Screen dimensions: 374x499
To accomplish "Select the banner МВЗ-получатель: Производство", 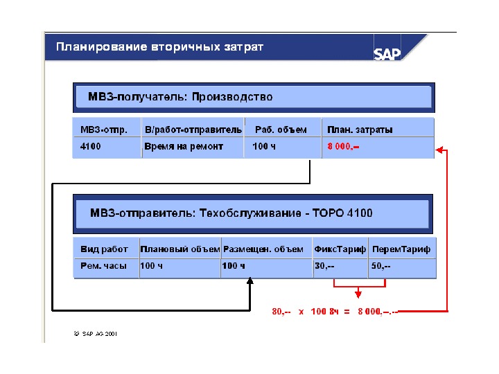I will point(180,98).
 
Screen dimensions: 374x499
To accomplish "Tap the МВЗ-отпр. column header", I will point(104,130).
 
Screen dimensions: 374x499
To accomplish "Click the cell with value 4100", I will point(91,146).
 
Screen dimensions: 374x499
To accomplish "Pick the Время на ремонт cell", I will point(183,146).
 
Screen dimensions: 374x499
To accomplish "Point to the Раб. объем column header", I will point(281,130).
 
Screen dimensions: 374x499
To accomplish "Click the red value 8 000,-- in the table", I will point(343,146).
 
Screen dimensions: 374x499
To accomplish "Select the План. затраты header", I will point(360,130).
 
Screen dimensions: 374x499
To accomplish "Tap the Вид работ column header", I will point(104,249).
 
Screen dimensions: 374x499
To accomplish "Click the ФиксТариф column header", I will point(340,249).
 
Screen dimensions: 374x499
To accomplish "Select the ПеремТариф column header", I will point(401,249).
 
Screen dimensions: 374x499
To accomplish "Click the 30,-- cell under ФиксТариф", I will point(324,266).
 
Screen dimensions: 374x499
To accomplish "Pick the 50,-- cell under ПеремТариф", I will point(381,266).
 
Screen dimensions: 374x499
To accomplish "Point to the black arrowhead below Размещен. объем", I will point(250,282).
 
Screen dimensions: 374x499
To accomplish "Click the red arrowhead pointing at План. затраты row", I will point(439,148).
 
